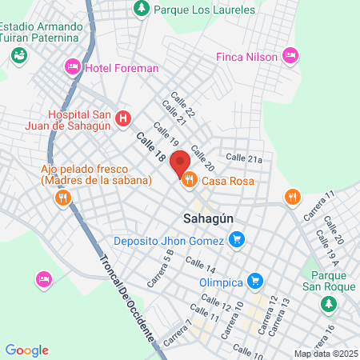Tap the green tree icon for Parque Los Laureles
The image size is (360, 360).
(142, 9)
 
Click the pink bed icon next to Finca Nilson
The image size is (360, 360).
(291, 56)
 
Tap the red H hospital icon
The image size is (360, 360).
(122, 120)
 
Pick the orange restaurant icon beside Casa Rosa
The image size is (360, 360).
(190, 181)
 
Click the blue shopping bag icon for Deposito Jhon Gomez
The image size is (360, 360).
(236, 239)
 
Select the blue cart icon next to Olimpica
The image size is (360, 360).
(255, 281)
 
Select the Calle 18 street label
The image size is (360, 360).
(150, 150)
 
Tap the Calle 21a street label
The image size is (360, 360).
(244, 158)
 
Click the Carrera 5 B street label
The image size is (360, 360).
(160, 268)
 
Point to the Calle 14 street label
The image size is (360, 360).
(200, 266)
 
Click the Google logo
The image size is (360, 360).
(27, 350)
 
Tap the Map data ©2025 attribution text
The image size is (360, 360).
(325, 354)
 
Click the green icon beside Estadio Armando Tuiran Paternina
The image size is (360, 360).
(18, 54)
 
